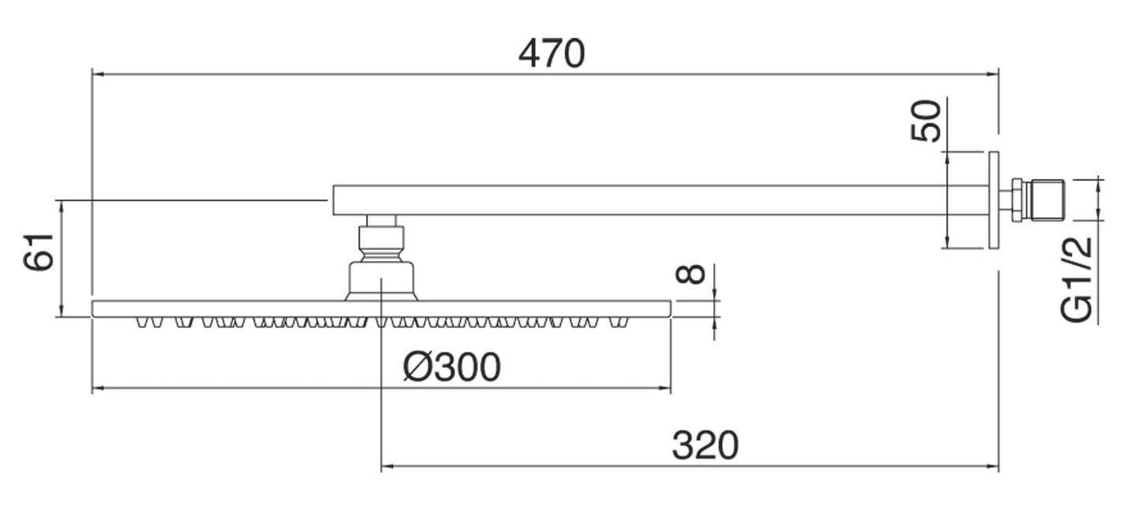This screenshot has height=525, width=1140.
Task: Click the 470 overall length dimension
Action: click(x=551, y=54)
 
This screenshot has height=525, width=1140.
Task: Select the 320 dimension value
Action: click(x=705, y=445)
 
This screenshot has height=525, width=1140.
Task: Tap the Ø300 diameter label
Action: click(x=451, y=367)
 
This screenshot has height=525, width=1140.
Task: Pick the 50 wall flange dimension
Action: click(x=926, y=121)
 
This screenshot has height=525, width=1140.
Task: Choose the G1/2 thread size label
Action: click(x=1078, y=280)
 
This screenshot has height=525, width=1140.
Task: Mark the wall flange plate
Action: click(x=993, y=199)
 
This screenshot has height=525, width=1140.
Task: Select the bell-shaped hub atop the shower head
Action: click(x=382, y=281)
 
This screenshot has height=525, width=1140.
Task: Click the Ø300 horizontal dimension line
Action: click(x=237, y=388)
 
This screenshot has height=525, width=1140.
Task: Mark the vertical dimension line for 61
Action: click(x=61, y=260)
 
